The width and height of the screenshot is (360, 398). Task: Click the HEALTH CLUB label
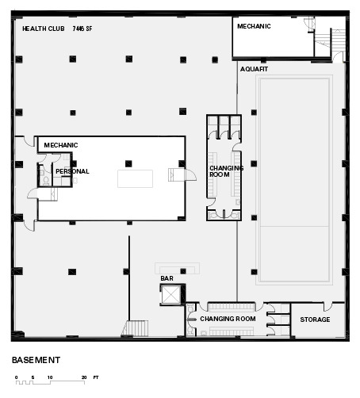click(x=44, y=29)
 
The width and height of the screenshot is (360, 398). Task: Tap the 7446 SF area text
click(x=82, y=29)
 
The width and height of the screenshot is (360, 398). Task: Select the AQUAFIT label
click(x=254, y=69)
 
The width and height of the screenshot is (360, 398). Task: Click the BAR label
click(x=167, y=278)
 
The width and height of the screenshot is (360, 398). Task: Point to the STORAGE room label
click(x=315, y=320)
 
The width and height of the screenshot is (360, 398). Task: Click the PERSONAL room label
click(x=72, y=171)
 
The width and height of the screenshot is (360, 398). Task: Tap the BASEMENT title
click(x=36, y=360)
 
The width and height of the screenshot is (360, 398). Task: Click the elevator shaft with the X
click(x=170, y=294)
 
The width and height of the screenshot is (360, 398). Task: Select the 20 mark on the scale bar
click(x=84, y=377)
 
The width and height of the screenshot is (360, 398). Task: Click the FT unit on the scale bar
click(x=96, y=377)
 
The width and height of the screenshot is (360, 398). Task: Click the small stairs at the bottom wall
click(x=136, y=328)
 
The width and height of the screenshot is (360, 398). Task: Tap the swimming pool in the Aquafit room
click(x=294, y=180)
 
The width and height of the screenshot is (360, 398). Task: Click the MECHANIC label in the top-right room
click(x=254, y=26)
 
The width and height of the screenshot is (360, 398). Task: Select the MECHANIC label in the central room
click(x=61, y=145)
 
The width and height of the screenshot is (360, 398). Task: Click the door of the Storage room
click(x=327, y=306)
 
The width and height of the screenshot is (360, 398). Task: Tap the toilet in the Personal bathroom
click(x=46, y=181)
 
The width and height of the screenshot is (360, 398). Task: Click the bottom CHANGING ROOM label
click(x=228, y=319)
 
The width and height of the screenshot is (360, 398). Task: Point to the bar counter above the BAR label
click(x=177, y=269)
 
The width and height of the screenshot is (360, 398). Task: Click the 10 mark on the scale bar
click(x=50, y=377)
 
